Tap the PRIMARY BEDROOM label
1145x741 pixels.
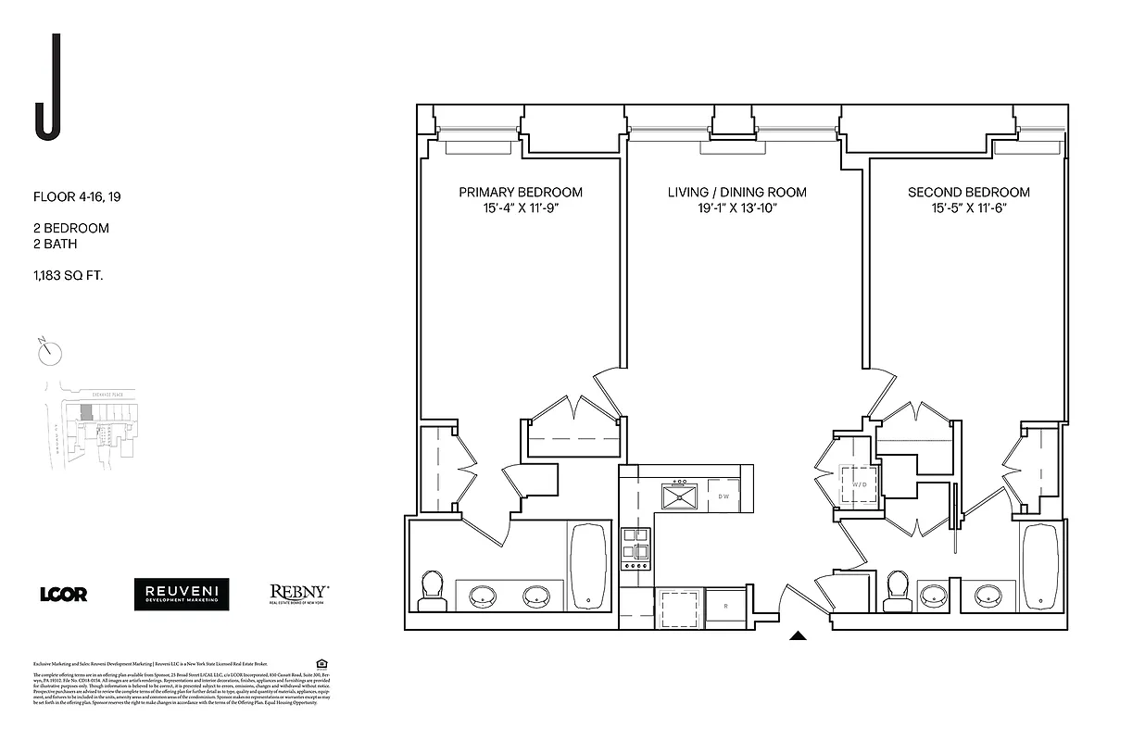point(521,193)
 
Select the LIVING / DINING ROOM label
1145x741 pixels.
point(736,193)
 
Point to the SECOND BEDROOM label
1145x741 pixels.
point(968,193)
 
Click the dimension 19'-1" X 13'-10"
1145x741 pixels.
point(736,208)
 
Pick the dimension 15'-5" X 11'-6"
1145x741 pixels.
point(968,208)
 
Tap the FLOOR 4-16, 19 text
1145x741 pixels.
point(83,196)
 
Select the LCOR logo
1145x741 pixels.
point(64,595)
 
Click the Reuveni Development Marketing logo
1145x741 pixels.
point(182,595)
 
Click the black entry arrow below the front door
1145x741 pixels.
point(798,635)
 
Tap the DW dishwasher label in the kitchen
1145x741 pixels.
point(724,496)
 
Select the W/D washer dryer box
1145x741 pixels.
point(858,483)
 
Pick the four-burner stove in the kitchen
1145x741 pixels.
point(635,548)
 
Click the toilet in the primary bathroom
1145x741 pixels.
point(432,591)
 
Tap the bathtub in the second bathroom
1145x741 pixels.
point(1039,566)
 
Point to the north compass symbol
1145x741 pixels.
point(50,352)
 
